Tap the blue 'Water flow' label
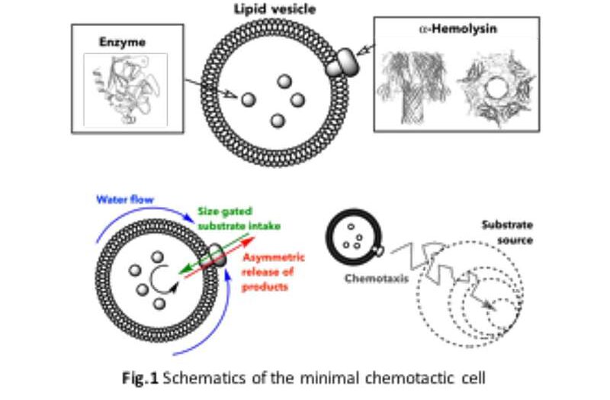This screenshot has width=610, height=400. pyautogui.click(x=124, y=199)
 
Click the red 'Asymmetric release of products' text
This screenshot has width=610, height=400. pyautogui.click(x=273, y=272)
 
